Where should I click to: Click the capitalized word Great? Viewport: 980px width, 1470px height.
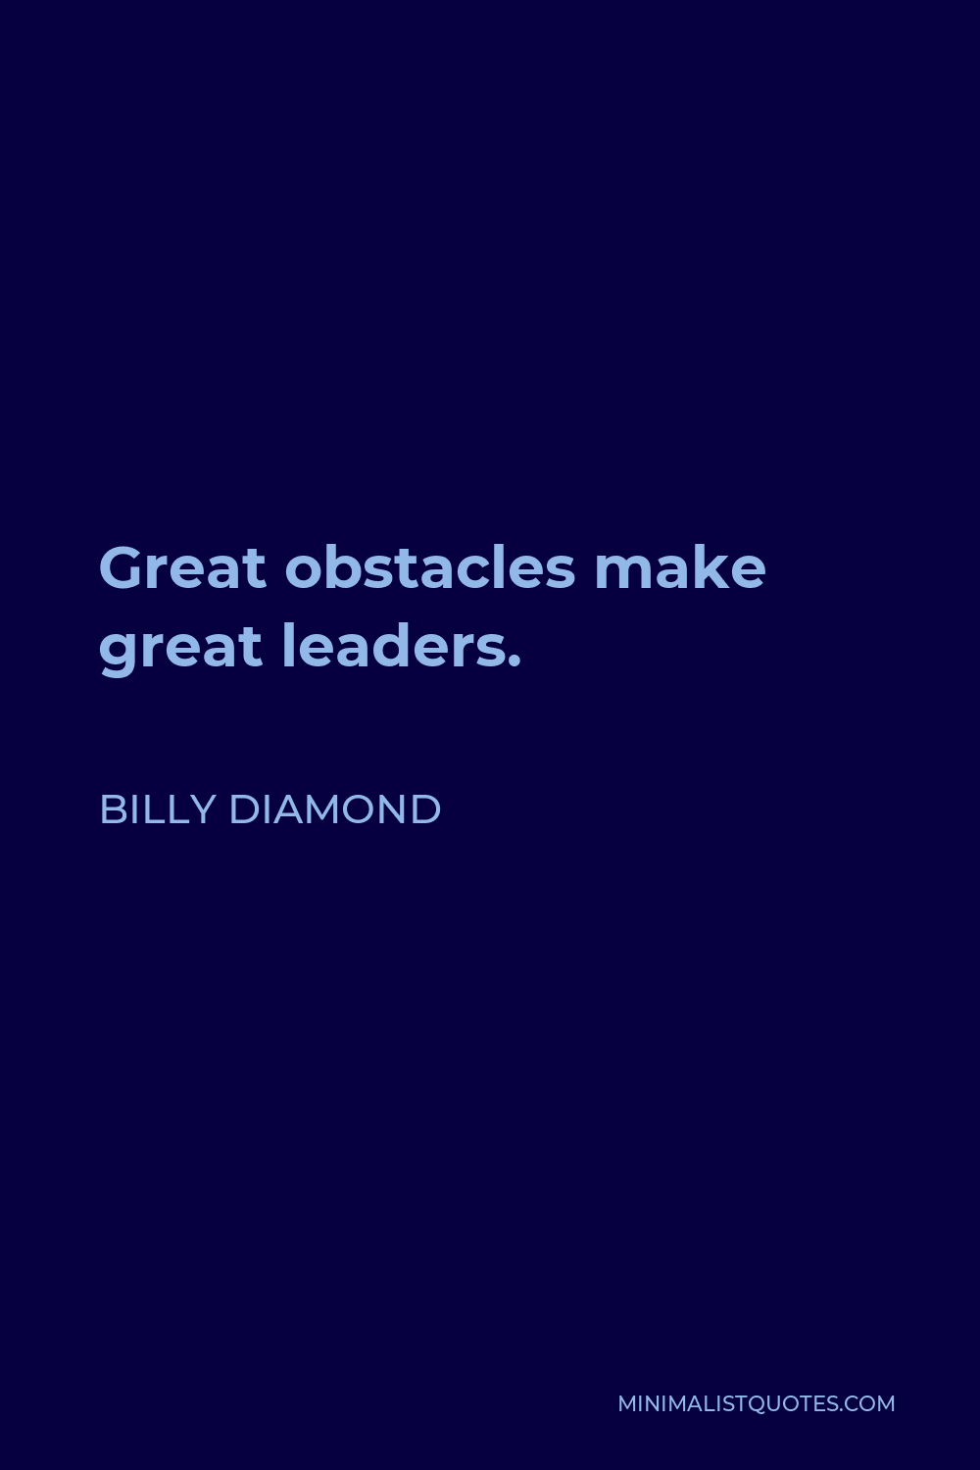click(183, 568)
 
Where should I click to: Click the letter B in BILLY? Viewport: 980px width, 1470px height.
click(113, 809)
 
